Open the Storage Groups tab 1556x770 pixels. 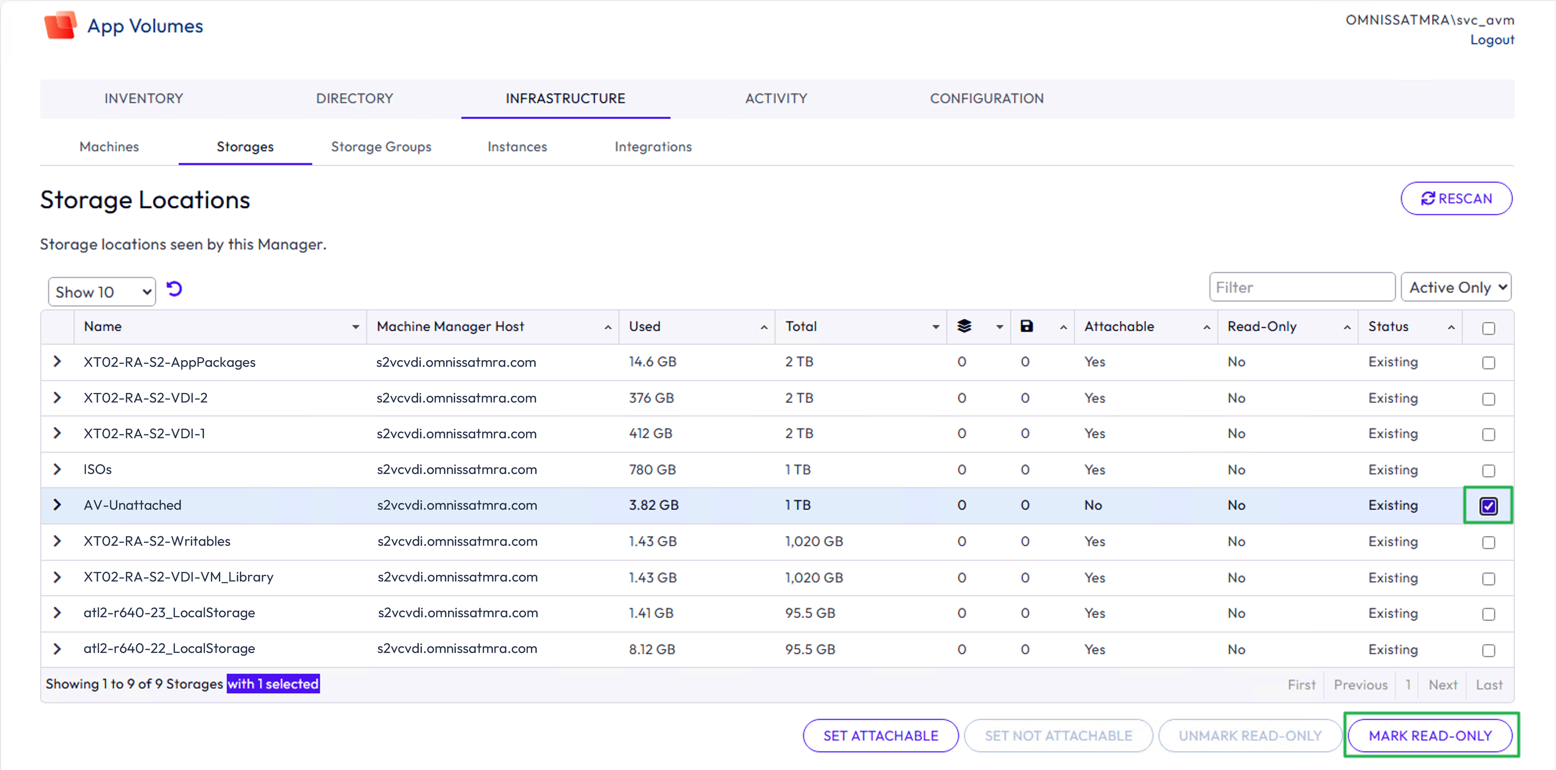pos(381,147)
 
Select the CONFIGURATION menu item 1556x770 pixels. pos(986,98)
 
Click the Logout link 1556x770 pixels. pos(1492,40)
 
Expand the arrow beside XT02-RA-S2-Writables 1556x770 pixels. pos(57,541)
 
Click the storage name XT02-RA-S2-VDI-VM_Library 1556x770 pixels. pos(178,577)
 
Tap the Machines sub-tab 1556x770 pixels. pos(109,147)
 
